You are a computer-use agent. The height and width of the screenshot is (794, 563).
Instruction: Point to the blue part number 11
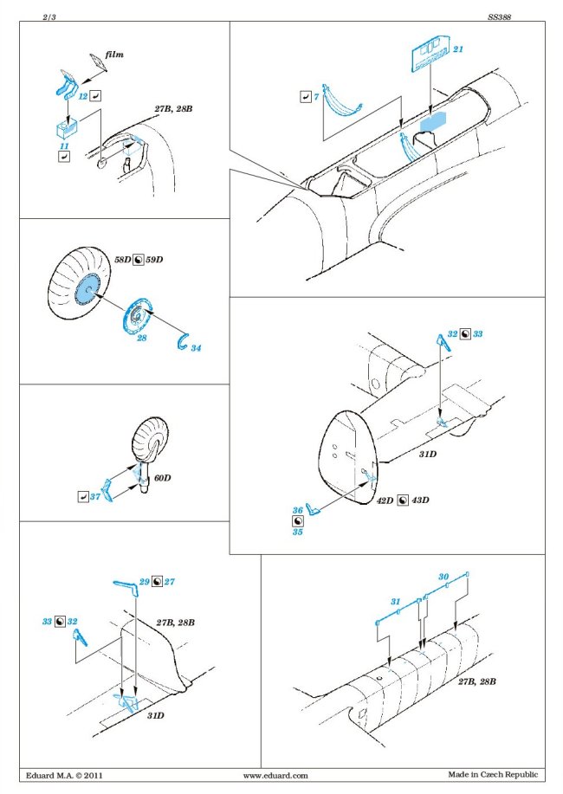[65, 147]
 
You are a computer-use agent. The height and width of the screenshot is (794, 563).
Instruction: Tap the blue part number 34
[196, 347]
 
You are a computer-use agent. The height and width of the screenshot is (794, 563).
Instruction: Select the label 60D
[163, 477]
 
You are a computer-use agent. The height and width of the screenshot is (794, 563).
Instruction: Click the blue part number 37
[95, 496]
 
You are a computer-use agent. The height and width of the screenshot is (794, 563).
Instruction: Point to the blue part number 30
[443, 576]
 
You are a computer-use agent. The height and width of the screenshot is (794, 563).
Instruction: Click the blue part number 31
[395, 601]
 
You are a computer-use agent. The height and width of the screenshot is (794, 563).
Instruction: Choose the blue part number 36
[297, 510]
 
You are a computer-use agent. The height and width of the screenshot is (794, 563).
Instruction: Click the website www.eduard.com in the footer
[275, 775]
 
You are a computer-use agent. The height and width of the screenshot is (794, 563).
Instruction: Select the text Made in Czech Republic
[493, 775]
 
